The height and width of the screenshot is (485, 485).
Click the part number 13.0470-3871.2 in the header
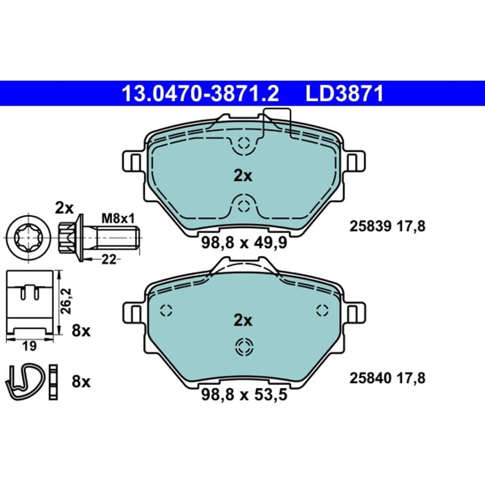point(201,93)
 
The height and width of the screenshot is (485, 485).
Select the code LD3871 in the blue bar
point(344,93)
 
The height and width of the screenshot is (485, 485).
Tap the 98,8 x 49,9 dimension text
point(244,242)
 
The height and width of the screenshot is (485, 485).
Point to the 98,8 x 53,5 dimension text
point(244,395)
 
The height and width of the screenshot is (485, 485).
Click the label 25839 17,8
point(387,226)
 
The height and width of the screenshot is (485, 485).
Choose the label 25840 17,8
point(387,378)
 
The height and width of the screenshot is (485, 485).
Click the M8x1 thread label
point(118,219)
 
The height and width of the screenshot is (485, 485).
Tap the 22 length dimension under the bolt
point(109,259)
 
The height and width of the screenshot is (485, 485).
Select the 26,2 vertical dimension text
point(66,301)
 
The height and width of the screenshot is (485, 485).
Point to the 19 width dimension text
point(29,346)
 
